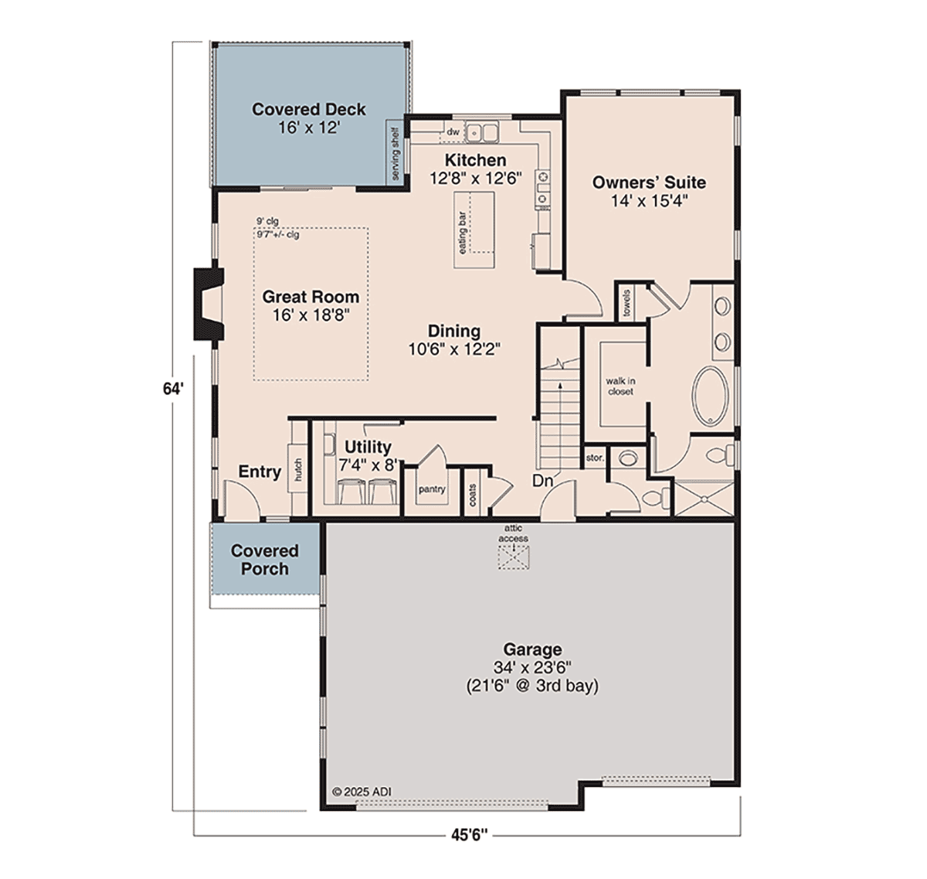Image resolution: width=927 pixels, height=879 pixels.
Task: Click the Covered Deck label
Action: click(309, 110)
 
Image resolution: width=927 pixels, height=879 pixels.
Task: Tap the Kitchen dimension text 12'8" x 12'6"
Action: click(476, 179)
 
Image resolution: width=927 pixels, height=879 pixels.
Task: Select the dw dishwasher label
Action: click(453, 131)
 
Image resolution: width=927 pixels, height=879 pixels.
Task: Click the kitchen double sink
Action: click(482, 131)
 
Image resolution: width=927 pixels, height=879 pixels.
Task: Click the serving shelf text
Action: click(395, 153)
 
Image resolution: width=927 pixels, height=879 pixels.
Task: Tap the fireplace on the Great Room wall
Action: click(209, 304)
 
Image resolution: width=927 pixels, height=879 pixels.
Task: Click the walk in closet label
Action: click(620, 386)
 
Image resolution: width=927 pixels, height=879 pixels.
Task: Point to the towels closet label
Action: click(627, 302)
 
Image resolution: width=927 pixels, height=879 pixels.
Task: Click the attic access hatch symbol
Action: click(513, 558)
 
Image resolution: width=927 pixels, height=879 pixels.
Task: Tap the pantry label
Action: click(432, 489)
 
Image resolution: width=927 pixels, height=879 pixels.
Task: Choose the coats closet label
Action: click(473, 495)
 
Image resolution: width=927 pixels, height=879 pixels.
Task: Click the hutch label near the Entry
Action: click(297, 469)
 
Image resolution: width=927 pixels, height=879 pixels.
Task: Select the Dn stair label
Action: click(543, 481)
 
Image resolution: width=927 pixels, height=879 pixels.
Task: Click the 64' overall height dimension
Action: click(172, 389)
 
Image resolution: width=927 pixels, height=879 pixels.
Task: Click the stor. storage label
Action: click(595, 458)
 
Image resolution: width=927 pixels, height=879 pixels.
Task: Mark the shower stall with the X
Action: click(705, 498)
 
